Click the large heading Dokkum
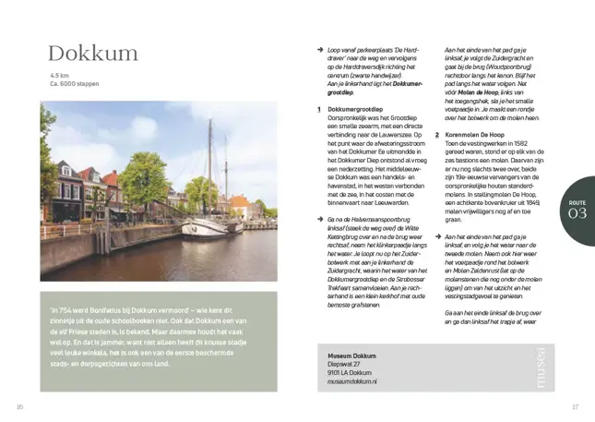93,54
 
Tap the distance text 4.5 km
60,76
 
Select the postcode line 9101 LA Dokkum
349,372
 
